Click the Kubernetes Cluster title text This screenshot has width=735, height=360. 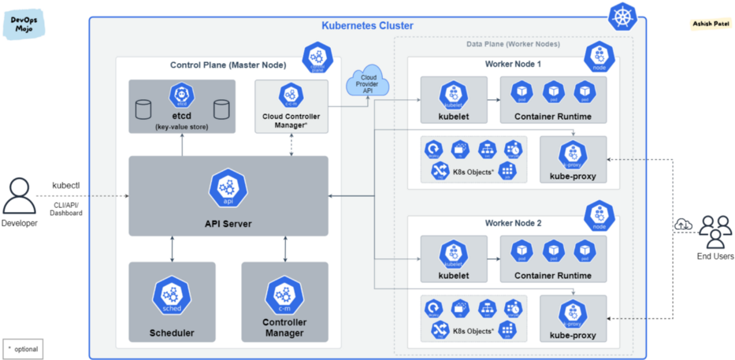tap(367, 25)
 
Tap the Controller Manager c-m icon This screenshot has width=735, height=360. tap(284, 295)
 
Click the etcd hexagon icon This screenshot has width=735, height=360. tap(182, 97)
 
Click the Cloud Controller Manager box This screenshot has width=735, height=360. tap(291, 106)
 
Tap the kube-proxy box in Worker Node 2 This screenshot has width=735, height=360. tap(573, 317)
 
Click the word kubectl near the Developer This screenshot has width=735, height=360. tap(65, 186)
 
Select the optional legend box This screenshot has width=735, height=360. tap(22, 347)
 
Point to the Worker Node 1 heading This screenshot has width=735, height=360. tap(513, 63)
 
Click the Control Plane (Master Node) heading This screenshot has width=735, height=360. tap(228, 65)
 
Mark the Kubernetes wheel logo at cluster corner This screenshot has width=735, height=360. tap(625, 14)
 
